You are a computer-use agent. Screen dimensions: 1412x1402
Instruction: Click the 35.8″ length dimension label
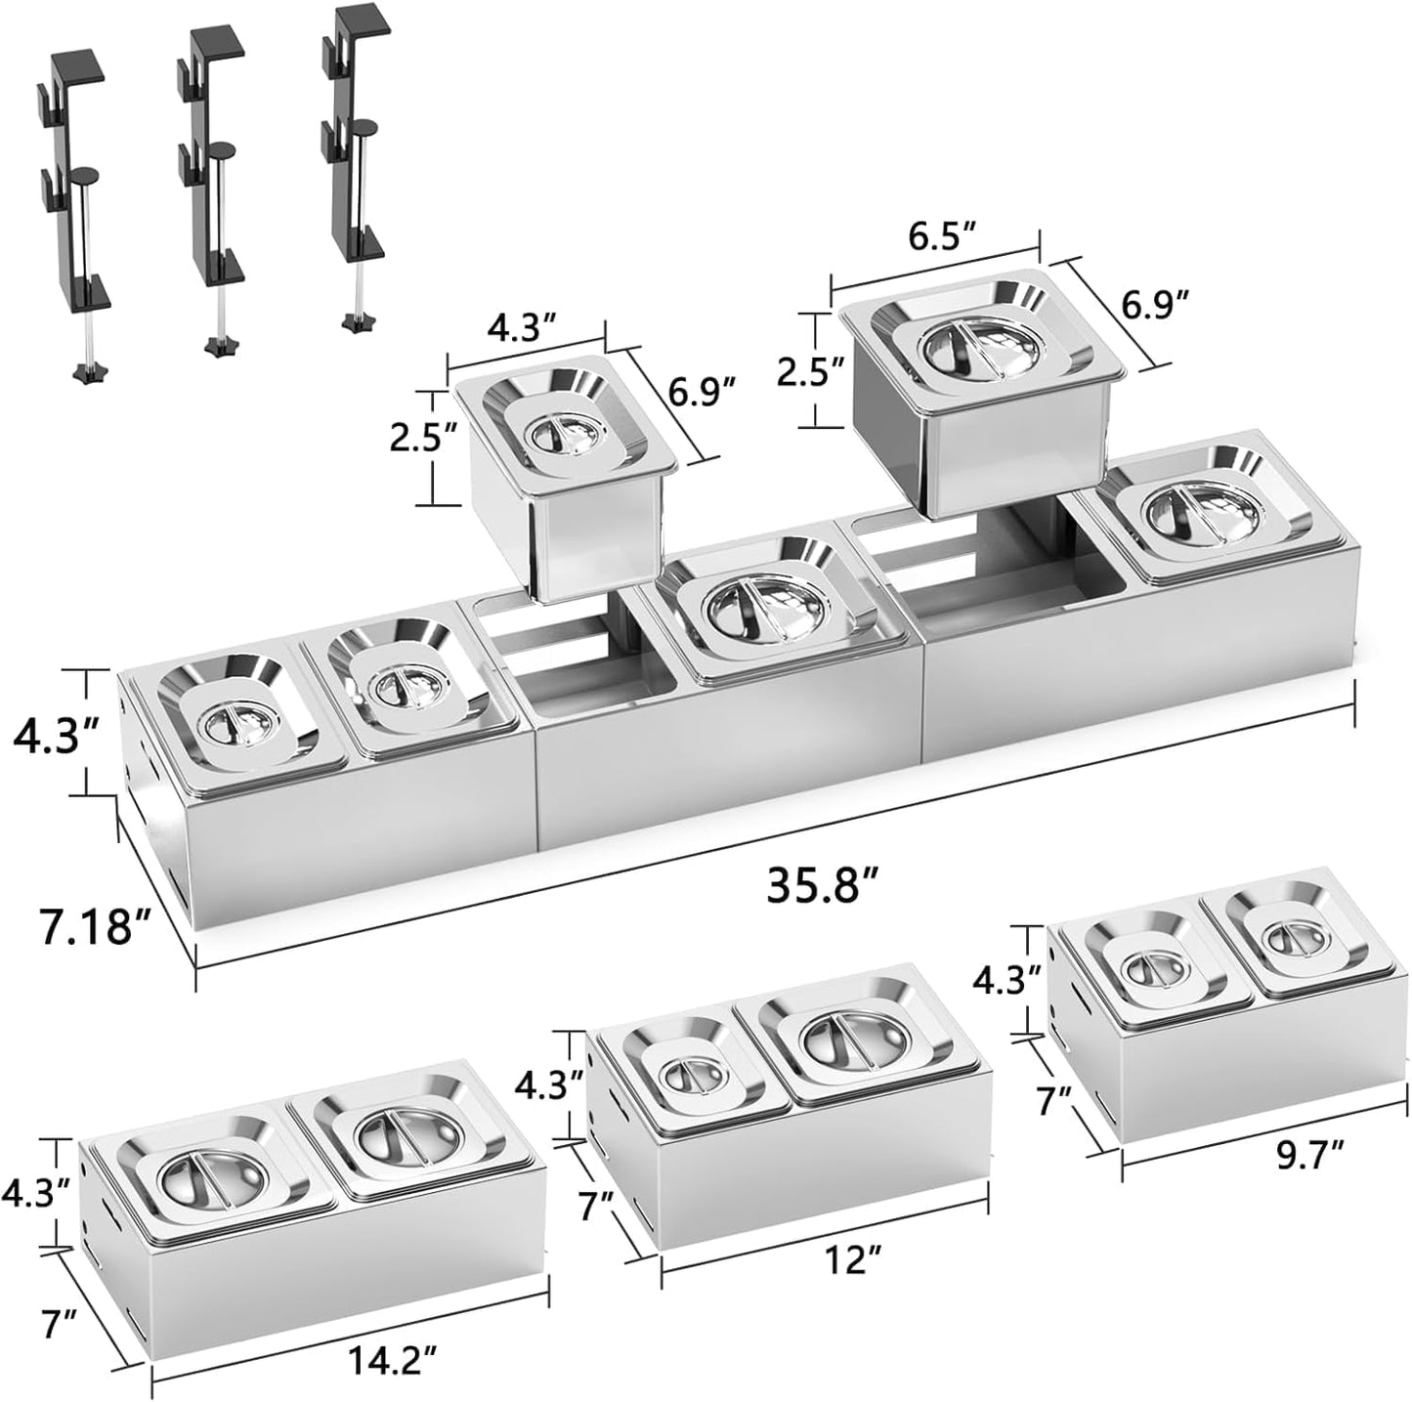click(x=822, y=885)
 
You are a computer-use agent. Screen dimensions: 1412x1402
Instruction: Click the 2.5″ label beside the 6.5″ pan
click(x=808, y=371)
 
